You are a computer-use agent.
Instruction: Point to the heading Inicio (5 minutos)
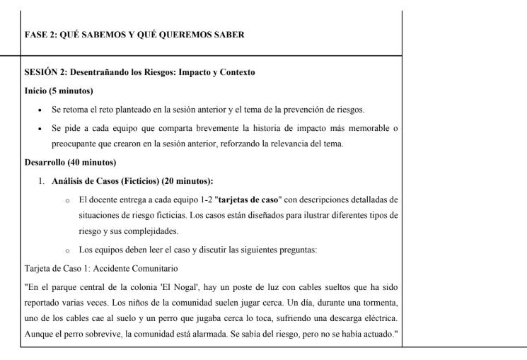click(x=59, y=91)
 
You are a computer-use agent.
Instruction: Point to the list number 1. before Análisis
click(x=42, y=181)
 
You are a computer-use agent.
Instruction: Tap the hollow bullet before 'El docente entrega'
click(x=66, y=200)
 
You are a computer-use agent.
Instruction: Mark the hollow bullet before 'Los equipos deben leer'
click(x=66, y=250)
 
